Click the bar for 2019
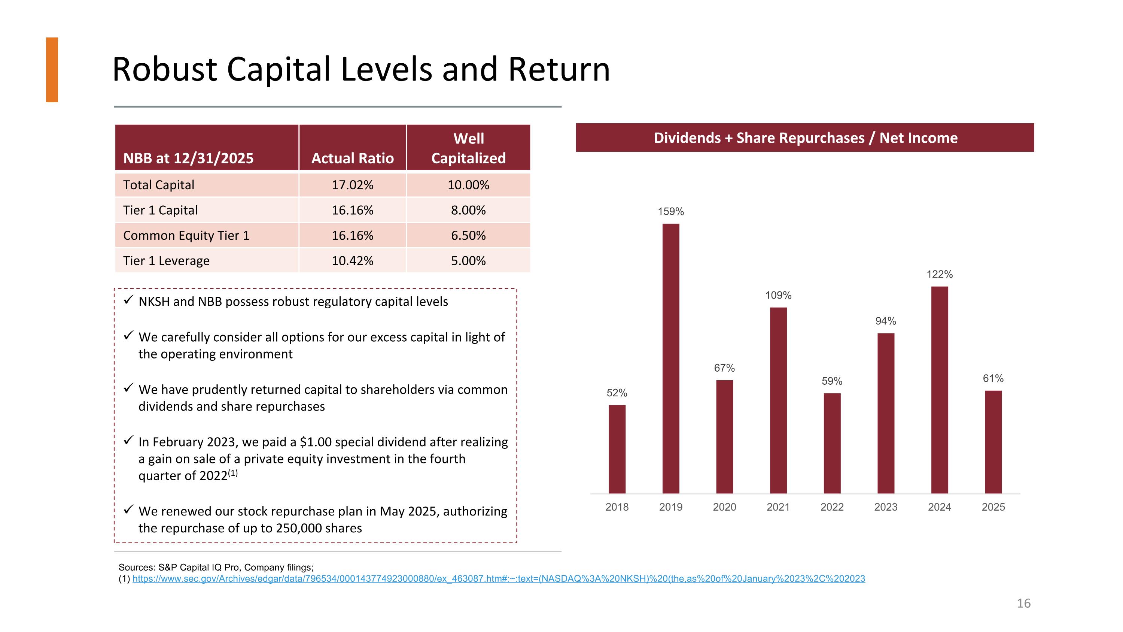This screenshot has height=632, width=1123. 670,359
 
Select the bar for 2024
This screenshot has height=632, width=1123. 940,390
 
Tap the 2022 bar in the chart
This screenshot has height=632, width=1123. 832,444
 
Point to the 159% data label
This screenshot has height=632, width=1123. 670,212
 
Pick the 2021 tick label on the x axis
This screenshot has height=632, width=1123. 778,507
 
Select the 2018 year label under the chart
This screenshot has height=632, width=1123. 617,507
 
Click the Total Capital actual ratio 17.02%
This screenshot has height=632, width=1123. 352,185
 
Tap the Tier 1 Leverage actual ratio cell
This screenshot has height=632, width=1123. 352,261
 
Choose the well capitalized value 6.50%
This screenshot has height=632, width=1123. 468,236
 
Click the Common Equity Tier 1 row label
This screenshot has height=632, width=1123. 186,236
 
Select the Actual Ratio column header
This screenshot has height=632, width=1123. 352,158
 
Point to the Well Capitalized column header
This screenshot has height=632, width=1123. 469,148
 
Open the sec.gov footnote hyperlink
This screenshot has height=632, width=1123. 499,579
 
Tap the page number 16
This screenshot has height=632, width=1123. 1023,603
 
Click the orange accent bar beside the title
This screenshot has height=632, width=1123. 52,70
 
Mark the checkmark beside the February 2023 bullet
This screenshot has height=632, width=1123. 128,441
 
